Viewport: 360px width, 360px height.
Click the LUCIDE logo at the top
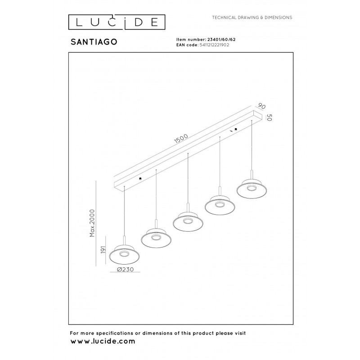pyautogui.click(x=117, y=22)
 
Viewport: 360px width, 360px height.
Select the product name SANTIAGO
pyautogui.click(x=94, y=42)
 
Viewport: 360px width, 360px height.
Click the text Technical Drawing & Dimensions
pyautogui.click(x=252, y=18)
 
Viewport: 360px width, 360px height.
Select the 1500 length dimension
pyautogui.click(x=181, y=139)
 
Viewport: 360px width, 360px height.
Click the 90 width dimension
pyautogui.click(x=261, y=106)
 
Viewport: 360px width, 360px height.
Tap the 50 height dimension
pyautogui.click(x=270, y=117)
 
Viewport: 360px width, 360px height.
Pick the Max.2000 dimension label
pyautogui.click(x=92, y=223)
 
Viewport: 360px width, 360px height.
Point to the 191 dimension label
pyautogui.click(x=103, y=250)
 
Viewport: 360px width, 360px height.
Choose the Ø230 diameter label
pyautogui.click(x=125, y=269)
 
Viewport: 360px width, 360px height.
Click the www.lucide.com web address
pyautogui.click(x=103, y=342)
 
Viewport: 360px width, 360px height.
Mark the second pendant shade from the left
pyautogui.click(x=156, y=238)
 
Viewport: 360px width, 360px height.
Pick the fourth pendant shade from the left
pyautogui.click(x=220, y=205)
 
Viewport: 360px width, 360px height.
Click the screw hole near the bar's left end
pyautogui.click(x=140, y=178)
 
